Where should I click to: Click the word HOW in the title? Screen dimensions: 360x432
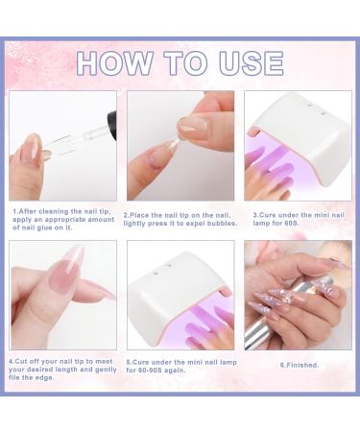[115, 63]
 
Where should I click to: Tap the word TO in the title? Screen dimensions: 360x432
[186, 63]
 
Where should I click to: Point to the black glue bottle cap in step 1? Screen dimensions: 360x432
[111, 118]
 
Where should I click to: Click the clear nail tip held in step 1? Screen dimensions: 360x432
[60, 146]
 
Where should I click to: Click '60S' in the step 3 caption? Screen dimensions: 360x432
[291, 223]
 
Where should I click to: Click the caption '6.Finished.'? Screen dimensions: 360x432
[300, 365]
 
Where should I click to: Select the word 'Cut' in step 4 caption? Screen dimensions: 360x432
[21, 361]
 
